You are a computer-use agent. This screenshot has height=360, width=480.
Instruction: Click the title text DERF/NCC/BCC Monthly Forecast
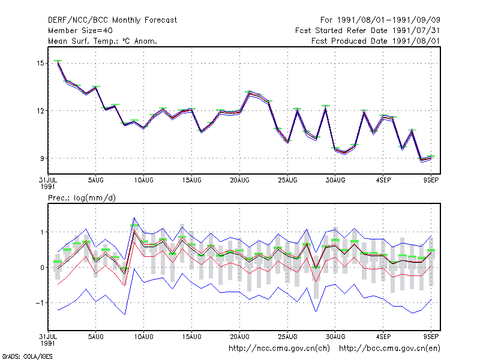(112, 20)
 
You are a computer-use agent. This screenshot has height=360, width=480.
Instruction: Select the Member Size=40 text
(80, 31)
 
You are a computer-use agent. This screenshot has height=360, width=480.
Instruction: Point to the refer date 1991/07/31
(416, 31)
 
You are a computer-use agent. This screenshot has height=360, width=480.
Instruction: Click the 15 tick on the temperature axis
(40, 64)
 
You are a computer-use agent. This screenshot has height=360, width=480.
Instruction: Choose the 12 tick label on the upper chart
(40, 111)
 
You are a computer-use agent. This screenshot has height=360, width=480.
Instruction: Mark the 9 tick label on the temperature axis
(42, 158)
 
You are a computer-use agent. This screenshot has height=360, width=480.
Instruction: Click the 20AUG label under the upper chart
(239, 180)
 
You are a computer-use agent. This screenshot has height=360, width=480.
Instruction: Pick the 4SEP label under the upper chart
(383, 180)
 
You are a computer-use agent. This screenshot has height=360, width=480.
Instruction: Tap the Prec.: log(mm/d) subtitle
(82, 198)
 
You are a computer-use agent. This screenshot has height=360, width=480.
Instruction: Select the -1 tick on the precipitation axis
(40, 303)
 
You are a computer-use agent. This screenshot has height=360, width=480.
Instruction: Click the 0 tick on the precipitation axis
(42, 268)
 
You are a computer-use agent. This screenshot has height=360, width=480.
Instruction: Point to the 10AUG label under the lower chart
(144, 337)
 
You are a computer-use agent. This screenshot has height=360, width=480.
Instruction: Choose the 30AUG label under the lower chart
(335, 337)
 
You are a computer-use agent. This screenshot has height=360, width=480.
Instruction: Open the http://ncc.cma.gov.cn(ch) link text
(280, 349)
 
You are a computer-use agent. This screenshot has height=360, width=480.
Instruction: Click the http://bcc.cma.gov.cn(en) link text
(389, 349)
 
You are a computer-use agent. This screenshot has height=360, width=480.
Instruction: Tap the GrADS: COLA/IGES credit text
(28, 356)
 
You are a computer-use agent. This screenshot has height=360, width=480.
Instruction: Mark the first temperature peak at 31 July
(58, 61)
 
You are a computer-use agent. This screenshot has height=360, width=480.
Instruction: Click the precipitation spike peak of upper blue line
(134, 218)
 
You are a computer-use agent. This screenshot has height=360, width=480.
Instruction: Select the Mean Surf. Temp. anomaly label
(103, 41)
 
